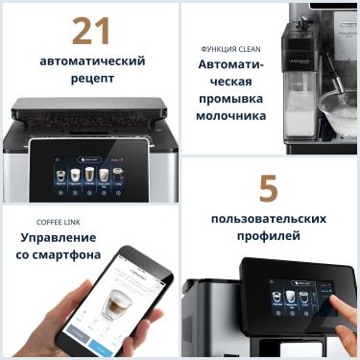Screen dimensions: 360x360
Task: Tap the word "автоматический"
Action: tap(92, 61)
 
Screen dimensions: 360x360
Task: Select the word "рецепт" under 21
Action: tap(91, 79)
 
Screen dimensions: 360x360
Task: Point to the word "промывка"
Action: tap(231, 100)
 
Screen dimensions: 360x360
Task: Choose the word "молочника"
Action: tap(231, 117)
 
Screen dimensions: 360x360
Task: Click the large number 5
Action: tap(269, 189)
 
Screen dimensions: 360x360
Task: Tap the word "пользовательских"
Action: tap(268, 218)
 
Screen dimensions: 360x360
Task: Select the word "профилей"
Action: tap(268, 235)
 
